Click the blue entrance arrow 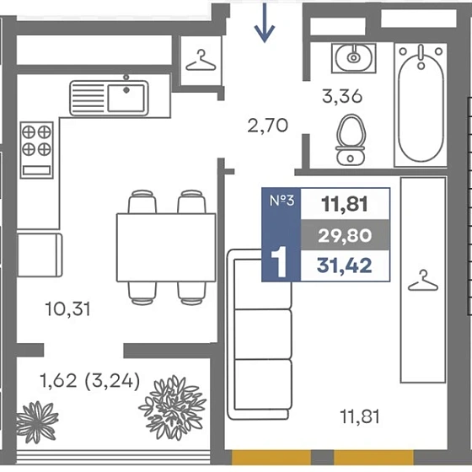[265, 23]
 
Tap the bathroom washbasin [354, 58]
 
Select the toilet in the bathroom [351, 140]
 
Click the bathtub [421, 105]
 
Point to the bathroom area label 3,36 [342, 97]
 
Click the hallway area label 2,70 [268, 126]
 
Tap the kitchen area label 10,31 [67, 309]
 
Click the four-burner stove [37, 150]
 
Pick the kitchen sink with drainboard [109, 98]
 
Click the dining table [166, 248]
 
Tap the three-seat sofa [260, 334]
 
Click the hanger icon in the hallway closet [201, 61]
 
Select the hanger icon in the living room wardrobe [423, 281]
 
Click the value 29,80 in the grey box [345, 235]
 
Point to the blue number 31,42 [345, 265]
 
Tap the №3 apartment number [282, 201]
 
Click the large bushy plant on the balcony [173, 408]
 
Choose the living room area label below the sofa [360, 416]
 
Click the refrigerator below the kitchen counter [40, 255]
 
